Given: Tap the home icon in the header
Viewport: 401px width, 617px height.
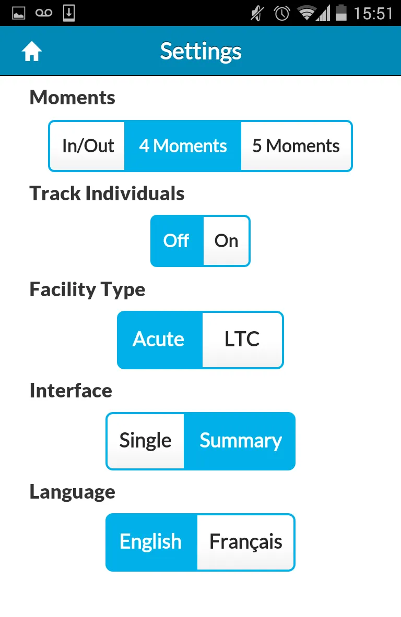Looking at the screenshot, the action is (31, 51).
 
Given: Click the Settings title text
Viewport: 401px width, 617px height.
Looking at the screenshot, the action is (200, 52).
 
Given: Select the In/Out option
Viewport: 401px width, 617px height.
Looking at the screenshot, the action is (87, 146).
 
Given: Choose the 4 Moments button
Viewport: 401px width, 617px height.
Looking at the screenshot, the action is (183, 146).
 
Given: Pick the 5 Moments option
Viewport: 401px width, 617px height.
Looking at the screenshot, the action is (296, 146).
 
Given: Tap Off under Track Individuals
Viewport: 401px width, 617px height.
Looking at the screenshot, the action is (177, 241).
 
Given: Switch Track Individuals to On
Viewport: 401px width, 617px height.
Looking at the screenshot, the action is (226, 241).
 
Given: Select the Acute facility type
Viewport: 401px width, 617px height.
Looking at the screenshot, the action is (160, 340).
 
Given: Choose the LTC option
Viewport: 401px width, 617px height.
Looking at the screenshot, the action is (242, 340).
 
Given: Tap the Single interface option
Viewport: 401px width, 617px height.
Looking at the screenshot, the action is (145, 441).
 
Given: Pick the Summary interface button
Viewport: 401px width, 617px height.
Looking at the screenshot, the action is (240, 441).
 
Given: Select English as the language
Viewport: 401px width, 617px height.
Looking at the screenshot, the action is (151, 542).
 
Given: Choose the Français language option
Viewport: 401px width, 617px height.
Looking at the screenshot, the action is (246, 542).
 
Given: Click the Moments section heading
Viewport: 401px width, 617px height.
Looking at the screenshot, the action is (73, 98).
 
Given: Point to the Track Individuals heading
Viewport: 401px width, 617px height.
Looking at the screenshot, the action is (107, 193).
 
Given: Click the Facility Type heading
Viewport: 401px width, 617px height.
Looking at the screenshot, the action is (87, 290).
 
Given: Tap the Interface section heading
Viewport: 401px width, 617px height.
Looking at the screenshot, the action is (71, 391).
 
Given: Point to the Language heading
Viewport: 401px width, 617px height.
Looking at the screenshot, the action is (73, 492).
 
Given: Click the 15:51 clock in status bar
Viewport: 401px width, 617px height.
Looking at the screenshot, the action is (373, 14).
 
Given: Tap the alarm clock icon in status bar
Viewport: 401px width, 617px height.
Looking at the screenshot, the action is (282, 14).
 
